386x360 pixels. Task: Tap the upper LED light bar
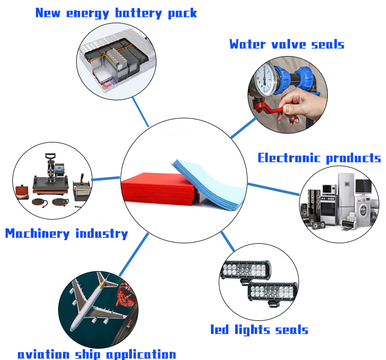[245, 270]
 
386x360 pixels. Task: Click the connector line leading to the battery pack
[141, 111]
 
